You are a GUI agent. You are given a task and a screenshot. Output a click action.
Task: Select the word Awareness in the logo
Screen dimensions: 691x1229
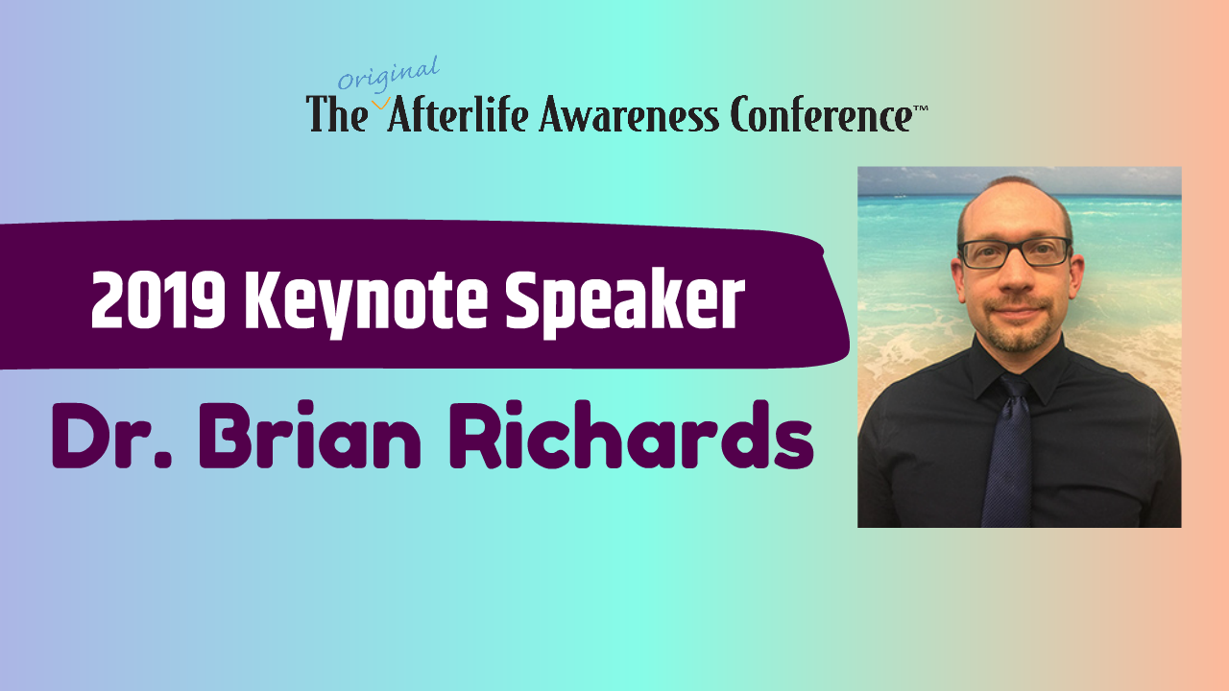click(x=627, y=116)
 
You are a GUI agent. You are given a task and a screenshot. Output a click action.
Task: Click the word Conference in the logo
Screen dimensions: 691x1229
click(x=821, y=116)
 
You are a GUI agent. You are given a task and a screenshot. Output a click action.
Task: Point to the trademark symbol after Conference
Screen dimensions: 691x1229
click(x=920, y=108)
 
